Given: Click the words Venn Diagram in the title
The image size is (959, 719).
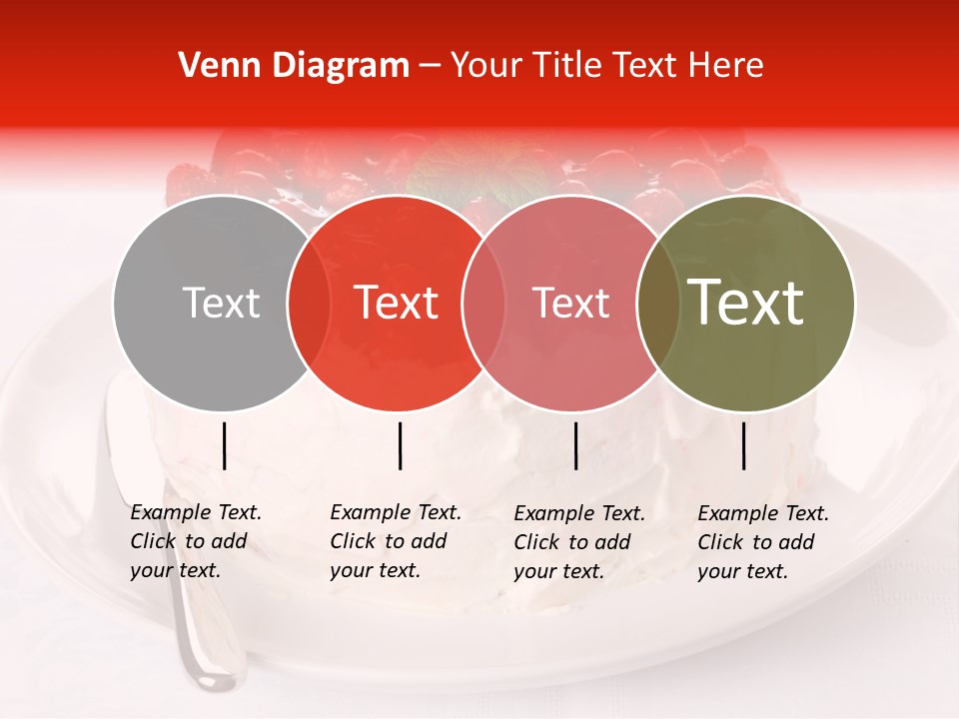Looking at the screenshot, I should (x=293, y=66).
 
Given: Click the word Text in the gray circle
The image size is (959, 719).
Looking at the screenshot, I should (x=221, y=304).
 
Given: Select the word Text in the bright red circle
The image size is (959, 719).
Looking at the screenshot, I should (x=397, y=304).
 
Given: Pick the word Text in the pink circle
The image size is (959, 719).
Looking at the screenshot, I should (x=570, y=304).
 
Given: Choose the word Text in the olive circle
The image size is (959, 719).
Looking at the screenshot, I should (x=746, y=303).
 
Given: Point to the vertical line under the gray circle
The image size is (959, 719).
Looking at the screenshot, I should (x=224, y=445).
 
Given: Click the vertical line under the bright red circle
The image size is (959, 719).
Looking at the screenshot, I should (x=400, y=445).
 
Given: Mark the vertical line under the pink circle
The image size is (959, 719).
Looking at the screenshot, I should (x=575, y=445).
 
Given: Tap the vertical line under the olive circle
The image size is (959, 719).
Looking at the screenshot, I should (x=743, y=445).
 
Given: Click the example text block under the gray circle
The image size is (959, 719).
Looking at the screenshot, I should (x=195, y=541).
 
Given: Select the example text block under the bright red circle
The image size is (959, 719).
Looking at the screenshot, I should (x=395, y=541).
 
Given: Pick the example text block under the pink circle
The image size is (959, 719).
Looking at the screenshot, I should (x=578, y=542).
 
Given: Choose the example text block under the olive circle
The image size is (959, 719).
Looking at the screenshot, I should (x=762, y=542).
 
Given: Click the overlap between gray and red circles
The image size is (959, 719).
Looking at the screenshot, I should (x=309, y=304).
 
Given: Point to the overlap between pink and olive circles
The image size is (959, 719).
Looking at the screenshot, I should (x=658, y=304).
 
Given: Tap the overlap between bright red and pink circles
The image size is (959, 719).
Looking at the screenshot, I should (x=482, y=304).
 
